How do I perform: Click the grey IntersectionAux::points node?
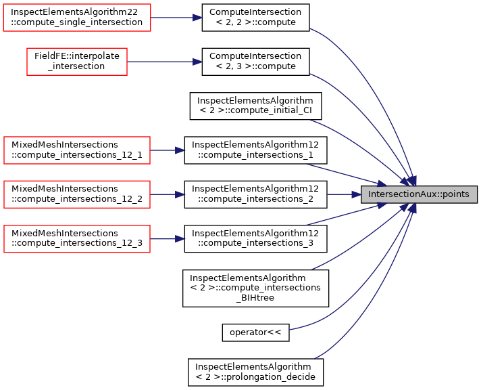[419, 194]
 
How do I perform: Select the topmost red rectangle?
[77, 18]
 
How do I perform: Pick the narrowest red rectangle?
[77, 62]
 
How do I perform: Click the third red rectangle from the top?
[77, 150]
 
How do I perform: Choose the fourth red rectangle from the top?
[77, 194]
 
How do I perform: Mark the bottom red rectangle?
[77, 239]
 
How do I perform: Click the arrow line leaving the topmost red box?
[172, 18]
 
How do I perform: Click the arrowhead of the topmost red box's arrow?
[198, 18]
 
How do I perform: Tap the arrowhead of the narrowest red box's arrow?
[198, 62]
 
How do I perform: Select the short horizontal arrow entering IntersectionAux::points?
[341, 194]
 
